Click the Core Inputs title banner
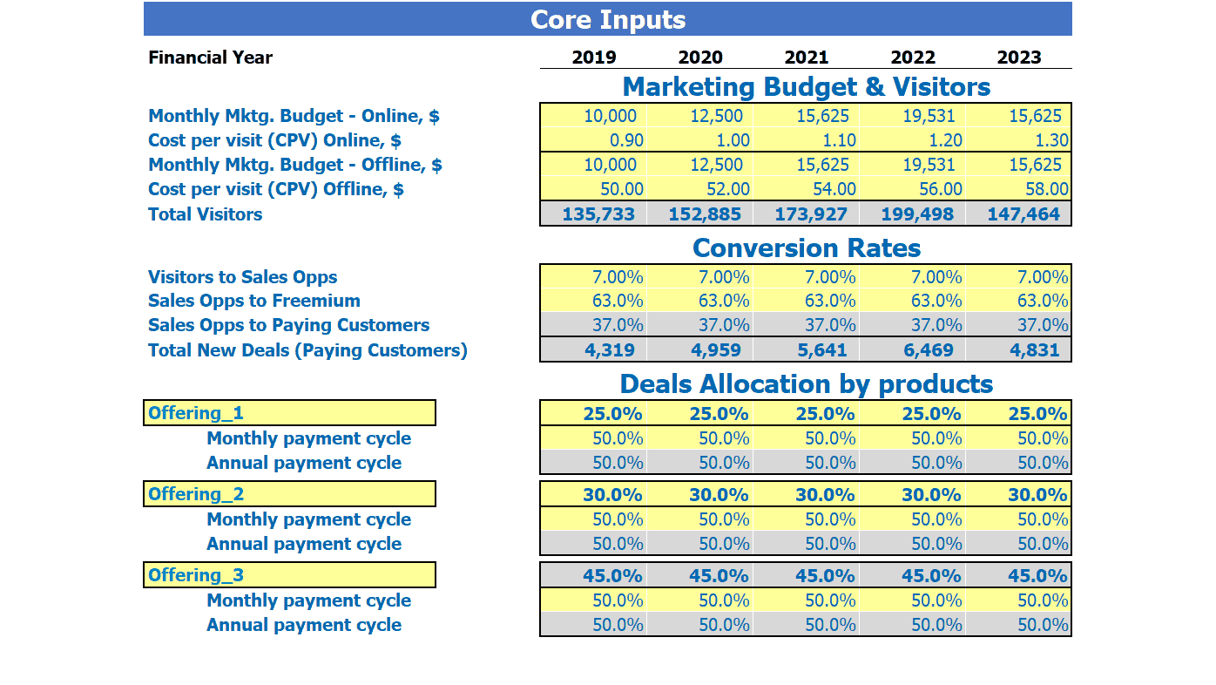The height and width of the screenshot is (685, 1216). point(607,19)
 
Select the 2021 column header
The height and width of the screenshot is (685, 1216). point(807,58)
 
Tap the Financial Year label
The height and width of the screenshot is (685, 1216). point(210,58)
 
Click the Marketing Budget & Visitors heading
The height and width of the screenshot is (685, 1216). point(807,87)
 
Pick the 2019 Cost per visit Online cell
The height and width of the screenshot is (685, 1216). point(593,140)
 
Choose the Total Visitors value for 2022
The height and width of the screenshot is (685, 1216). point(913,214)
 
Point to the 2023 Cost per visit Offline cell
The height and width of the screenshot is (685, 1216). point(1019,189)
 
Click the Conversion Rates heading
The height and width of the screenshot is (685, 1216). point(807,248)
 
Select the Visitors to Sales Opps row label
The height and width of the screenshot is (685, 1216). point(242,277)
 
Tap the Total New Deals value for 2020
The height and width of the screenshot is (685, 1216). point(700,350)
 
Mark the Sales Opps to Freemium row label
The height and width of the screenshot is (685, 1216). point(253,301)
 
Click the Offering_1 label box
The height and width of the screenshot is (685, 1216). point(289,413)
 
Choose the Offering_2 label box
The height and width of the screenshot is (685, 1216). point(289,494)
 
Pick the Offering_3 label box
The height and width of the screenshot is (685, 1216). point(289,575)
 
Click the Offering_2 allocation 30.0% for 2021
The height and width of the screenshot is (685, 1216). point(807,494)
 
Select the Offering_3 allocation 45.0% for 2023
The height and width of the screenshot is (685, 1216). point(1019,575)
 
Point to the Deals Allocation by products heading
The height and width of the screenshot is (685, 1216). point(807,384)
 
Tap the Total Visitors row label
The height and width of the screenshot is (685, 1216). point(205,214)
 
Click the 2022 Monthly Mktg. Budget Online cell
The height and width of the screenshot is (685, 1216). point(913,116)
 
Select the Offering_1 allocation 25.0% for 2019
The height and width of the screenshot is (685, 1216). point(593,413)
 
